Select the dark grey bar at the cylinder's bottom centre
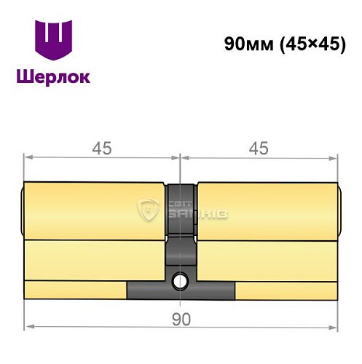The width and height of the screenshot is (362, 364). tap(181, 290)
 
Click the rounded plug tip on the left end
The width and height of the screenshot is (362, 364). tap(22, 210)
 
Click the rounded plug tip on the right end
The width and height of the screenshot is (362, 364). tap(340, 210)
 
